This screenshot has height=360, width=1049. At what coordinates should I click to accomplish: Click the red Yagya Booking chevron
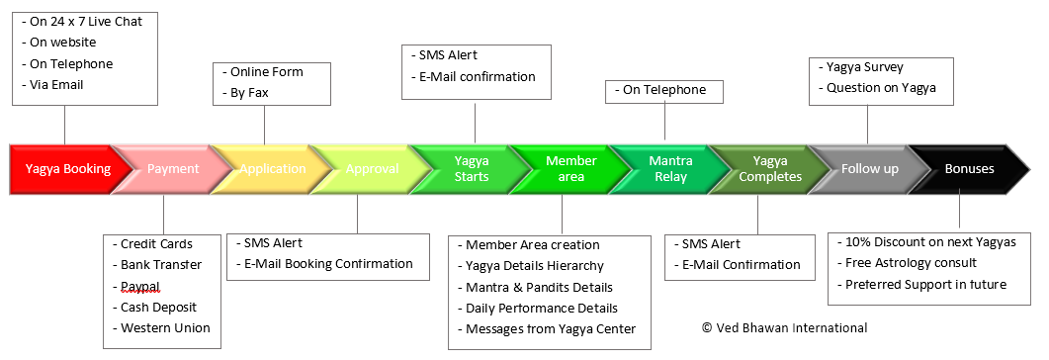click(63, 169)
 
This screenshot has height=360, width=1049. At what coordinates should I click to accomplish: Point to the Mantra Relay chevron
click(669, 169)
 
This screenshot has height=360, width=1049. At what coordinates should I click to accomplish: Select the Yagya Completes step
click(769, 169)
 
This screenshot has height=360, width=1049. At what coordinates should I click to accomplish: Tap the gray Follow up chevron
click(869, 169)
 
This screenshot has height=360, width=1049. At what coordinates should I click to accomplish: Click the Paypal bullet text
click(136, 287)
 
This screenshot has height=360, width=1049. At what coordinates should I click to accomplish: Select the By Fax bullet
click(245, 93)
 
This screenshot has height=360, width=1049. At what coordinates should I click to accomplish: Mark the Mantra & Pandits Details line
click(535, 287)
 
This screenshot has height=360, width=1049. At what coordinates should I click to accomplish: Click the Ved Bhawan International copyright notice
click(784, 328)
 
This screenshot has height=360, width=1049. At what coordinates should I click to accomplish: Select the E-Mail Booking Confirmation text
click(324, 264)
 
